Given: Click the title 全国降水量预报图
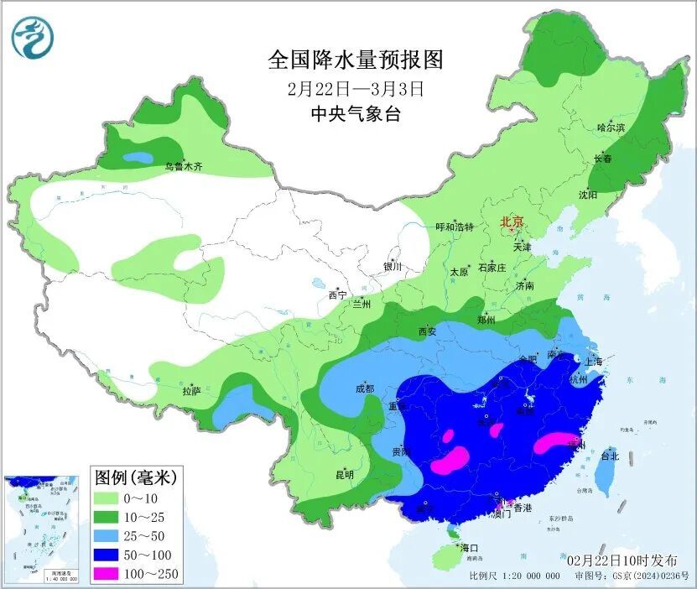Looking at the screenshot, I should pos(354,60).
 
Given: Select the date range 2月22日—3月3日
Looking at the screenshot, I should pos(354,87).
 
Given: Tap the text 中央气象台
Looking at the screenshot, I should pos(355,114).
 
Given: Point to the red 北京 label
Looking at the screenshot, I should pos(512,222).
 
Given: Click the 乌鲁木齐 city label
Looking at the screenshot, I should pos(183,167).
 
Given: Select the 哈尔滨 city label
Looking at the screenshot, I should pos(611,128).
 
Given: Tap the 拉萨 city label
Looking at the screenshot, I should pos(191,391).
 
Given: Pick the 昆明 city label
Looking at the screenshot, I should pos(345,475).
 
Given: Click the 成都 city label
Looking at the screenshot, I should pos(365,388).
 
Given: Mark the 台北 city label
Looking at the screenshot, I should pos(610,456).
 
